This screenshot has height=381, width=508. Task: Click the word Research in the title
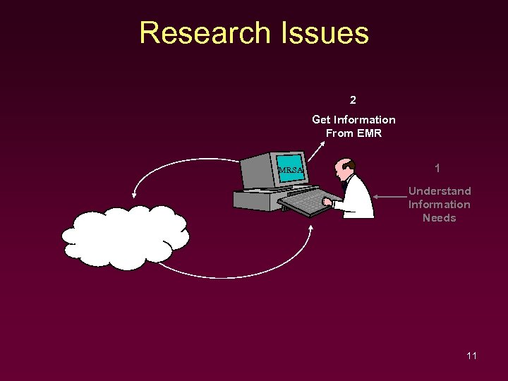point(205,33)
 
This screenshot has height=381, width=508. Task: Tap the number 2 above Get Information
point(353,99)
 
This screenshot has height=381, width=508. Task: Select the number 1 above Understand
point(438,169)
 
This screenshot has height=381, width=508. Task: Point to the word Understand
point(440,191)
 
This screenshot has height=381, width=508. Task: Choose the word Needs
point(440,218)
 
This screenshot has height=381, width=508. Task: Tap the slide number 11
point(471,356)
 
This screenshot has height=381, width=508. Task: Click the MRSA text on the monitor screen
point(291,170)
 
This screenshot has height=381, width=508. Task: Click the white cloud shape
point(126,238)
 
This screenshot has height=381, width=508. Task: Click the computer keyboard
point(306,202)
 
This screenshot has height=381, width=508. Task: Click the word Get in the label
point(322,120)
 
